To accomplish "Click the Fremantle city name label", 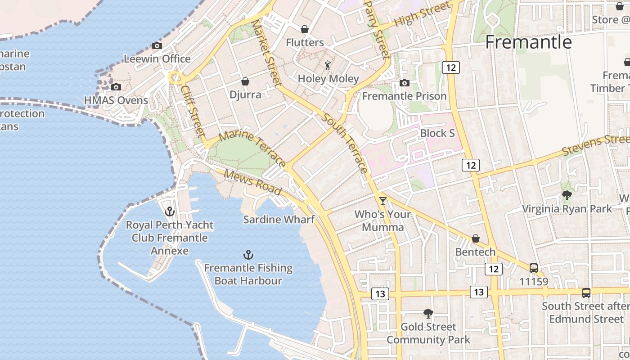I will pos(528,42).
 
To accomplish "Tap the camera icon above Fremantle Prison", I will pos(404,83).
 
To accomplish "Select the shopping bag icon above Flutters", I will pos(305,30).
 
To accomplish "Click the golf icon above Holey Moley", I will pos(328,66).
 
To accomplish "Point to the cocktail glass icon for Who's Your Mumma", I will pos(383,201).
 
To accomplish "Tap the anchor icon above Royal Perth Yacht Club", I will pos(170,211).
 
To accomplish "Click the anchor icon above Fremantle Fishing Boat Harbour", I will pos(248,255).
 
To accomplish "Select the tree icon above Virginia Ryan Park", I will pos(567,195).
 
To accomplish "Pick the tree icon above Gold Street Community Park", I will pos(428,314).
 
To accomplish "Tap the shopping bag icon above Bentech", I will pos(475,238).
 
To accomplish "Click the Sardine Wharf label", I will pos(279,220).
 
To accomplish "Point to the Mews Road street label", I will pos(252,182).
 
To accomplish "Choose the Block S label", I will pos(437,133).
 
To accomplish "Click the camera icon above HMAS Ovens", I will pos(116,87).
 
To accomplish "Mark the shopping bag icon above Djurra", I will pos(245,81).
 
